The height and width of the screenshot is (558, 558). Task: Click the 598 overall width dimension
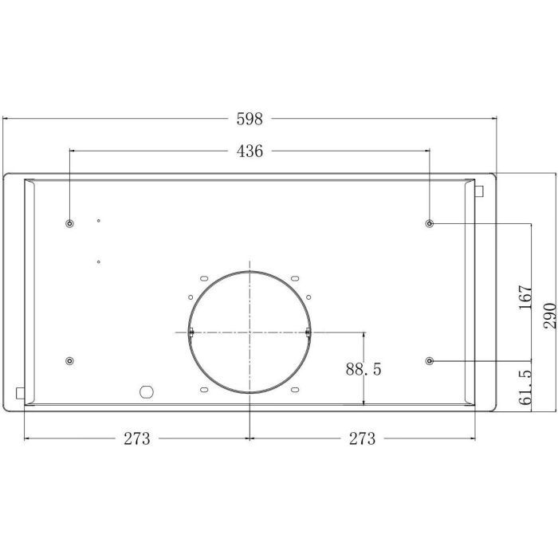click(x=250, y=120)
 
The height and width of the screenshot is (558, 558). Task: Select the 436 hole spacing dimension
click(x=250, y=151)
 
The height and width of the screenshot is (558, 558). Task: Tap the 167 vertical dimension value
click(x=524, y=298)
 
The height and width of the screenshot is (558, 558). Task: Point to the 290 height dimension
click(x=549, y=314)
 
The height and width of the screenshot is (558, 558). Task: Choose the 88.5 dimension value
click(x=363, y=370)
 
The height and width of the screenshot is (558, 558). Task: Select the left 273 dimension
click(x=137, y=438)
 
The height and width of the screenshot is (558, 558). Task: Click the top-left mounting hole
click(x=69, y=223)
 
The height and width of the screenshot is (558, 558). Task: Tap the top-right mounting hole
click(x=430, y=223)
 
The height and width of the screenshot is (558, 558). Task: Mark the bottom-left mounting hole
click(x=69, y=362)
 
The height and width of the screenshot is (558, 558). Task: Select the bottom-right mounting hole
click(x=430, y=362)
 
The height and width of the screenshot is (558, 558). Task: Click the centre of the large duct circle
click(x=250, y=332)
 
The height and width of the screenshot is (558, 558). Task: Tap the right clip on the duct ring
click(x=308, y=332)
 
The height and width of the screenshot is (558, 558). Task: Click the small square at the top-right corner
click(x=478, y=191)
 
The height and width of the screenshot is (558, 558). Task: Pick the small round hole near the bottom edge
click(x=145, y=391)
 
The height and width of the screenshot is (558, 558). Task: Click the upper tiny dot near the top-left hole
click(x=98, y=221)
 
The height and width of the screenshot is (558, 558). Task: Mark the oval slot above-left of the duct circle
click(x=203, y=278)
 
